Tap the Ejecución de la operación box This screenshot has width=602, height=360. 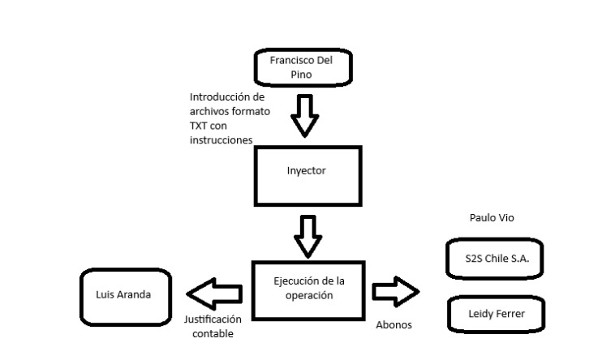coord(309,289)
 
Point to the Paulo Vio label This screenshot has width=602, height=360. coord(492,217)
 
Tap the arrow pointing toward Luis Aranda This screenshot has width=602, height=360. coord(214,289)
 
